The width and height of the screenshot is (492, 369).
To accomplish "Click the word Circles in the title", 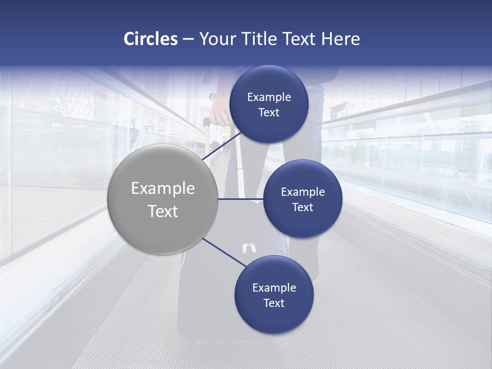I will click(x=150, y=39).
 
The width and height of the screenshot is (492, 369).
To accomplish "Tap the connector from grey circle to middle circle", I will click(x=240, y=199).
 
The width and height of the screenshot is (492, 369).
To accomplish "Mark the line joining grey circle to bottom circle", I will click(x=224, y=252).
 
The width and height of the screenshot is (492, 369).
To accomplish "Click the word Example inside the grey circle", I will click(x=163, y=189).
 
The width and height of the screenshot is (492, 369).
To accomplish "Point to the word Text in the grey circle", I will click(x=163, y=211).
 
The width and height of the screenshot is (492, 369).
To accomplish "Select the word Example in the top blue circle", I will click(x=269, y=97).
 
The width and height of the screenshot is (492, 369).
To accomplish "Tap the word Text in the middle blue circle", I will click(x=302, y=208).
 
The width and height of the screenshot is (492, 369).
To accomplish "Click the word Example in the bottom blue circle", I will click(x=274, y=288).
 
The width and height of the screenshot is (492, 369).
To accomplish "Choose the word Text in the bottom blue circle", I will click(x=274, y=303).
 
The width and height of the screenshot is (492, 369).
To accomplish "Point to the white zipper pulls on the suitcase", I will click(x=249, y=249).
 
